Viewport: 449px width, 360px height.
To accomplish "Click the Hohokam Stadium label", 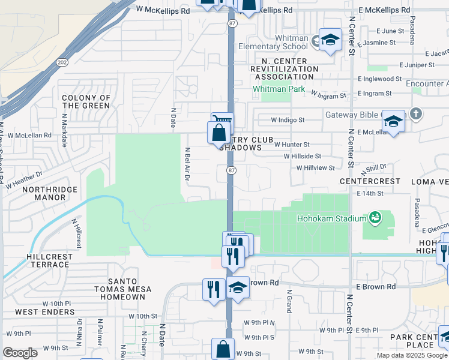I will [x=332, y=218].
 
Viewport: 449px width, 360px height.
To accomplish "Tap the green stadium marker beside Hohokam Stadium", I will [x=375, y=217].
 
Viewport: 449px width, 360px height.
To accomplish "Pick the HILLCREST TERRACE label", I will [x=41, y=260].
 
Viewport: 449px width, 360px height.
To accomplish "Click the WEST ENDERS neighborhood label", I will [x=44, y=312].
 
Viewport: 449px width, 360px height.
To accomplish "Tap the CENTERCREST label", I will [x=370, y=181].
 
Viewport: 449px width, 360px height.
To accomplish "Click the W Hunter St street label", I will [x=292, y=145].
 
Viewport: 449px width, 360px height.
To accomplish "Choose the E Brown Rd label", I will [x=378, y=287].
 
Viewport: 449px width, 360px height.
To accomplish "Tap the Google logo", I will [x=20, y=353].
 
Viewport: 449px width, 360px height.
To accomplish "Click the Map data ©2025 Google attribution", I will [x=411, y=355].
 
